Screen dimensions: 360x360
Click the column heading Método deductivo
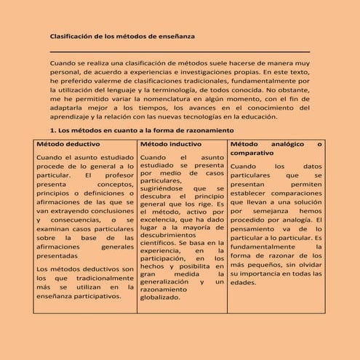(63, 144)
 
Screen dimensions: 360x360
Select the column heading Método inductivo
(165, 144)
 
